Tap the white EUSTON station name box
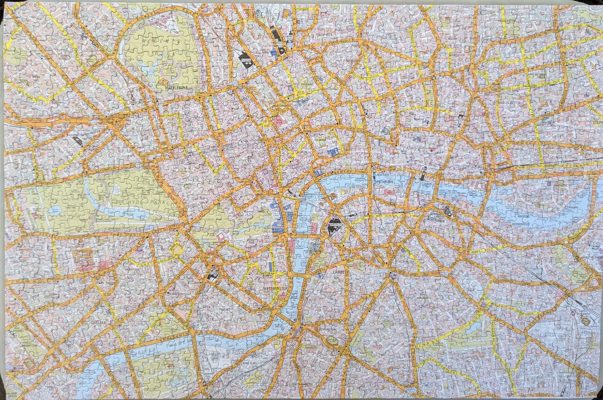pos(246,60)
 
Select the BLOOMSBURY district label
pos(280,106)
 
